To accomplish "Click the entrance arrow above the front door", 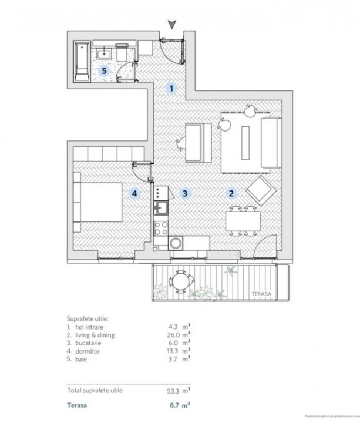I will pos(171,24).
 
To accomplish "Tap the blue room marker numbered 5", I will pos(105,71).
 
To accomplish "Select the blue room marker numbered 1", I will pos(171,89).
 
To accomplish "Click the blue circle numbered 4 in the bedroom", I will pos(134,193).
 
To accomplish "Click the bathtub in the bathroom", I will pos(82,62).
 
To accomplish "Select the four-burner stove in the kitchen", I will pos(161,192).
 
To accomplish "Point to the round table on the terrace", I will pos(180,281).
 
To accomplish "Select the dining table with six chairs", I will pos(243,221).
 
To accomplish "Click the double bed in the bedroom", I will pos(96,200).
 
